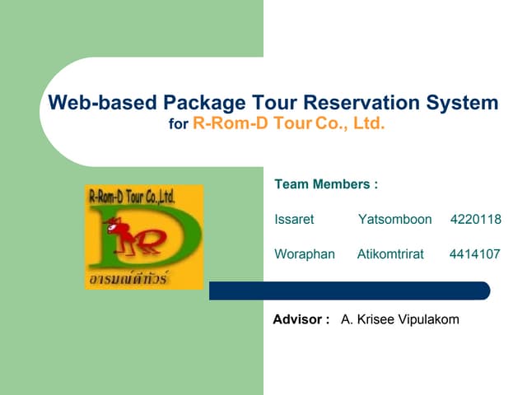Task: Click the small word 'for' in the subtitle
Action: (178, 126)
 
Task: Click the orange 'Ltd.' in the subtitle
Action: (369, 125)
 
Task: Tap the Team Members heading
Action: (326, 184)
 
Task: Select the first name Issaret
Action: (294, 220)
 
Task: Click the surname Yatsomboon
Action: (395, 220)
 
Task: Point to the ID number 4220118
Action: (476, 220)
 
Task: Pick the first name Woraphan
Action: (305, 254)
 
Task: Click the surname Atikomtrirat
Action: (390, 254)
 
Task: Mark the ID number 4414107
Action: (475, 254)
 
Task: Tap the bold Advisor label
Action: (301, 319)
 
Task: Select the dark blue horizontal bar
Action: (349, 290)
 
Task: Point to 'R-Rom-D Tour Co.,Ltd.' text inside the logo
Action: (132, 196)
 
